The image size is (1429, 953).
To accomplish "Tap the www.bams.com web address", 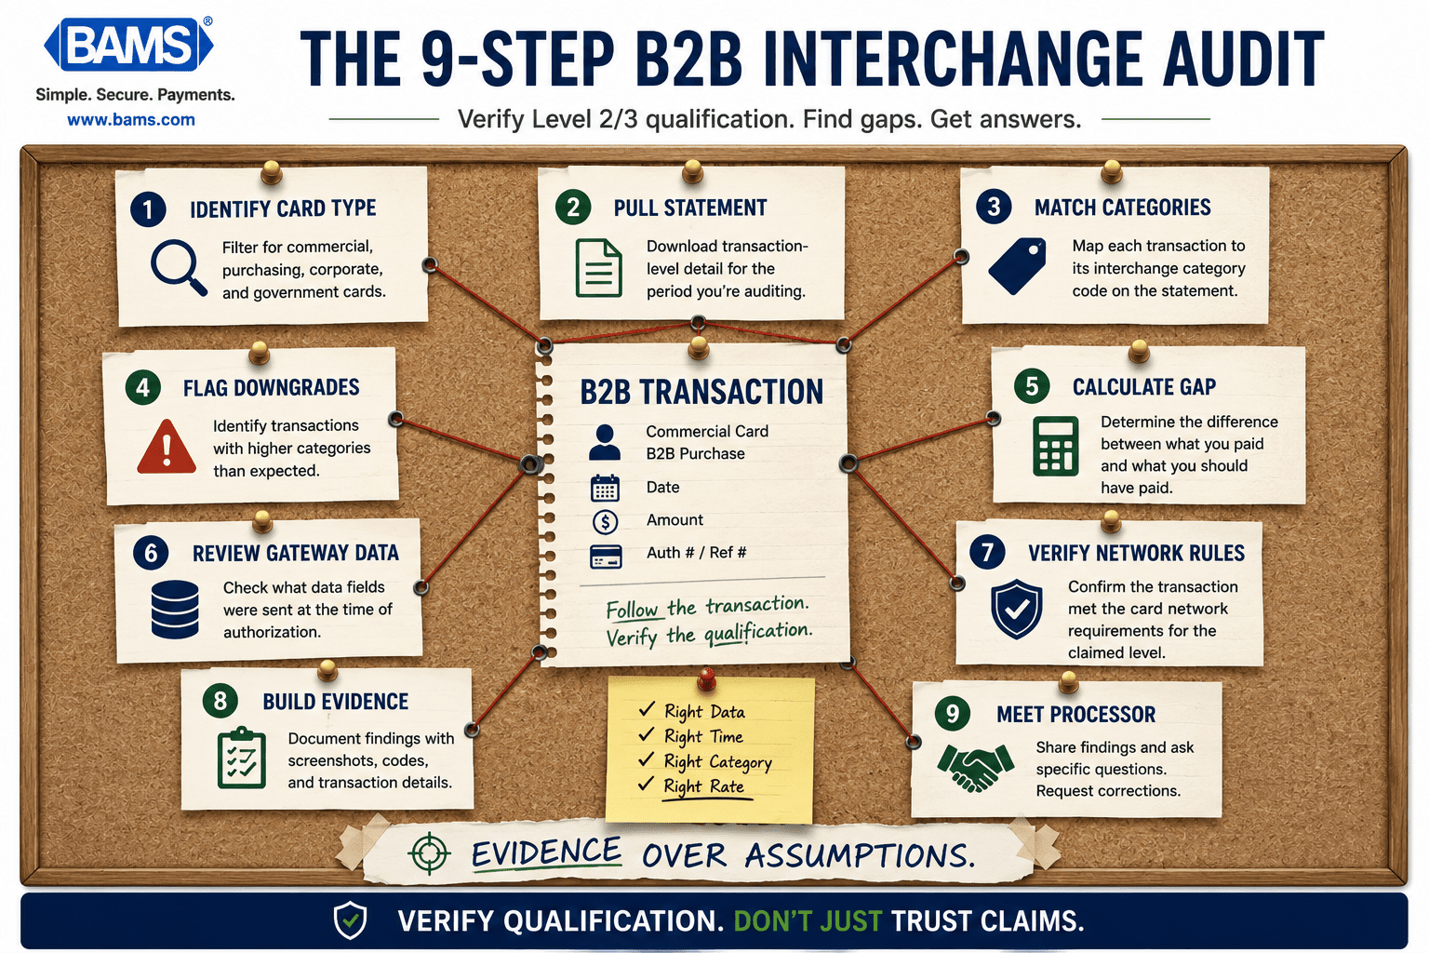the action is (x=131, y=119).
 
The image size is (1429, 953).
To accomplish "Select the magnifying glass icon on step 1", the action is (x=179, y=267).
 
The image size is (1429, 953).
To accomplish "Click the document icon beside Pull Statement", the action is (x=598, y=268).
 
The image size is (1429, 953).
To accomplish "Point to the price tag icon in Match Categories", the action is (x=1017, y=265).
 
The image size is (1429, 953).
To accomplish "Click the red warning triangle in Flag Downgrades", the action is (x=167, y=446).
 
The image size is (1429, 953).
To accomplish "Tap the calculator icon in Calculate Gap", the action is (x=1056, y=446).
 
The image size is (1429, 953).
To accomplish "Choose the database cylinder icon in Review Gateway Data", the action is (x=175, y=610).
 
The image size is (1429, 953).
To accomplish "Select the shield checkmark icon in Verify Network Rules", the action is (x=1016, y=609).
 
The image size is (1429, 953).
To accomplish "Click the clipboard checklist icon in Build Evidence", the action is (x=241, y=758).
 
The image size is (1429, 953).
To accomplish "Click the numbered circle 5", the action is (x=1032, y=385).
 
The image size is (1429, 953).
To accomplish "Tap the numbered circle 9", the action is (x=953, y=713).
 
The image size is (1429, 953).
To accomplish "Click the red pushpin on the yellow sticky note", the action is (x=706, y=678).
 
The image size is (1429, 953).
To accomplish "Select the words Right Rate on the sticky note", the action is (x=703, y=786).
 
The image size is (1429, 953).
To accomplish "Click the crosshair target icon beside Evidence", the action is (x=429, y=852).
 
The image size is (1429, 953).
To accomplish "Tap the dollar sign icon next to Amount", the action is (x=605, y=521).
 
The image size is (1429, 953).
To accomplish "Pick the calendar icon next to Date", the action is (x=605, y=488).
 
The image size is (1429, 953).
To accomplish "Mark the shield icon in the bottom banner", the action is (x=350, y=920).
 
